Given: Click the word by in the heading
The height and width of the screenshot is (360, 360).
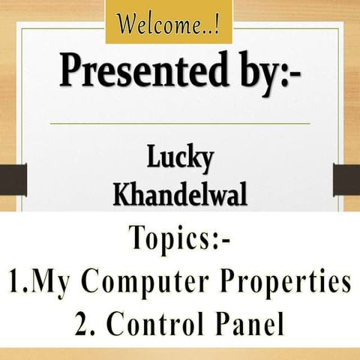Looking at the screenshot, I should [x=247, y=73].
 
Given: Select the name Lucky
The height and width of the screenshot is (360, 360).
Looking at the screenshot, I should [x=180, y=160].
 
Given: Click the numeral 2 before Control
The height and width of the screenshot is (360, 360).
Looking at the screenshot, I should [x=83, y=323].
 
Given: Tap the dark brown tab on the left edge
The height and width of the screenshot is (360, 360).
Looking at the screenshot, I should [x=12, y=180].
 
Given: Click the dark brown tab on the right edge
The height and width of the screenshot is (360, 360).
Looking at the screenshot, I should [x=346, y=180].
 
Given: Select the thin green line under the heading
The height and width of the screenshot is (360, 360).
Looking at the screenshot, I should [x=180, y=123].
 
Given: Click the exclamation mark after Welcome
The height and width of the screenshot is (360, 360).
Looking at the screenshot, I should [x=217, y=25].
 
